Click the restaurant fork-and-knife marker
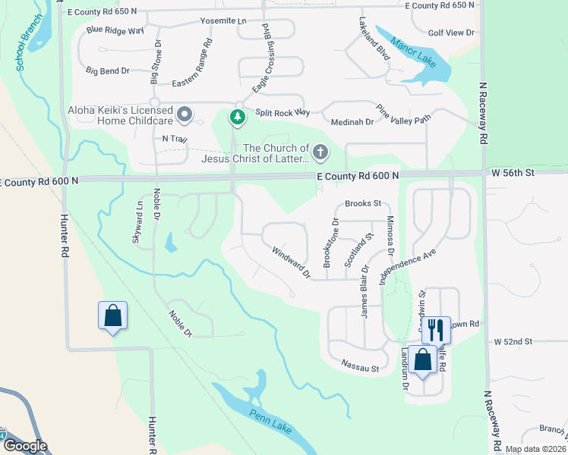436,328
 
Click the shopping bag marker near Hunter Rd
112,315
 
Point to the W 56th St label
513,173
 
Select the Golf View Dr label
450,33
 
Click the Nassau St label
359,369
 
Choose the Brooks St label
363,204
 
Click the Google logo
24,446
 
